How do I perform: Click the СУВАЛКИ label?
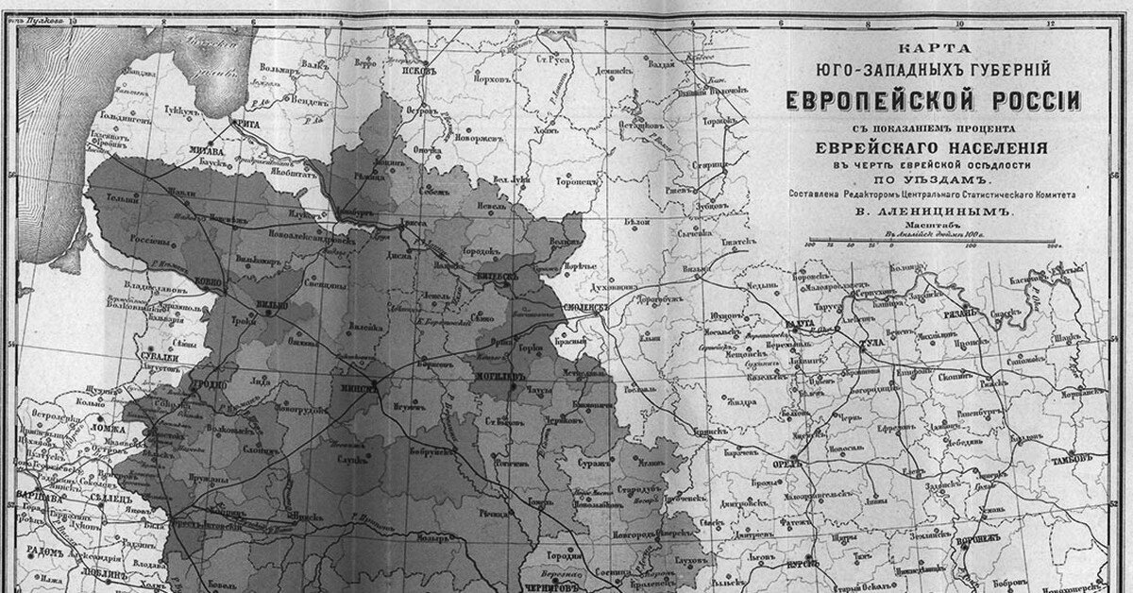pyautogui.click(x=159, y=358)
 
